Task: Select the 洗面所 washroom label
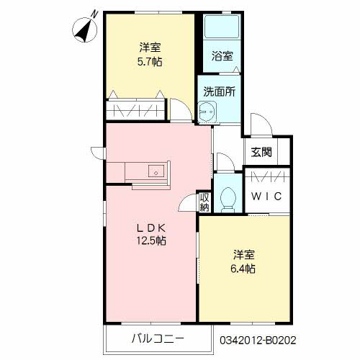[x=220, y=91]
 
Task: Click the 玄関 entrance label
[x=261, y=152]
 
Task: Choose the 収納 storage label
[x=205, y=202]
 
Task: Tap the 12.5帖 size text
[x=152, y=241]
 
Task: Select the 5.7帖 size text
[x=150, y=62]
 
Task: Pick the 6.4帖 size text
[x=243, y=269]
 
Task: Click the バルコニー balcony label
[x=157, y=338]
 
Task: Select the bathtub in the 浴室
[x=220, y=29]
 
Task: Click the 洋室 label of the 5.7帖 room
[x=150, y=48]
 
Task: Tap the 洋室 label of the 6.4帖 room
[x=243, y=256]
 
